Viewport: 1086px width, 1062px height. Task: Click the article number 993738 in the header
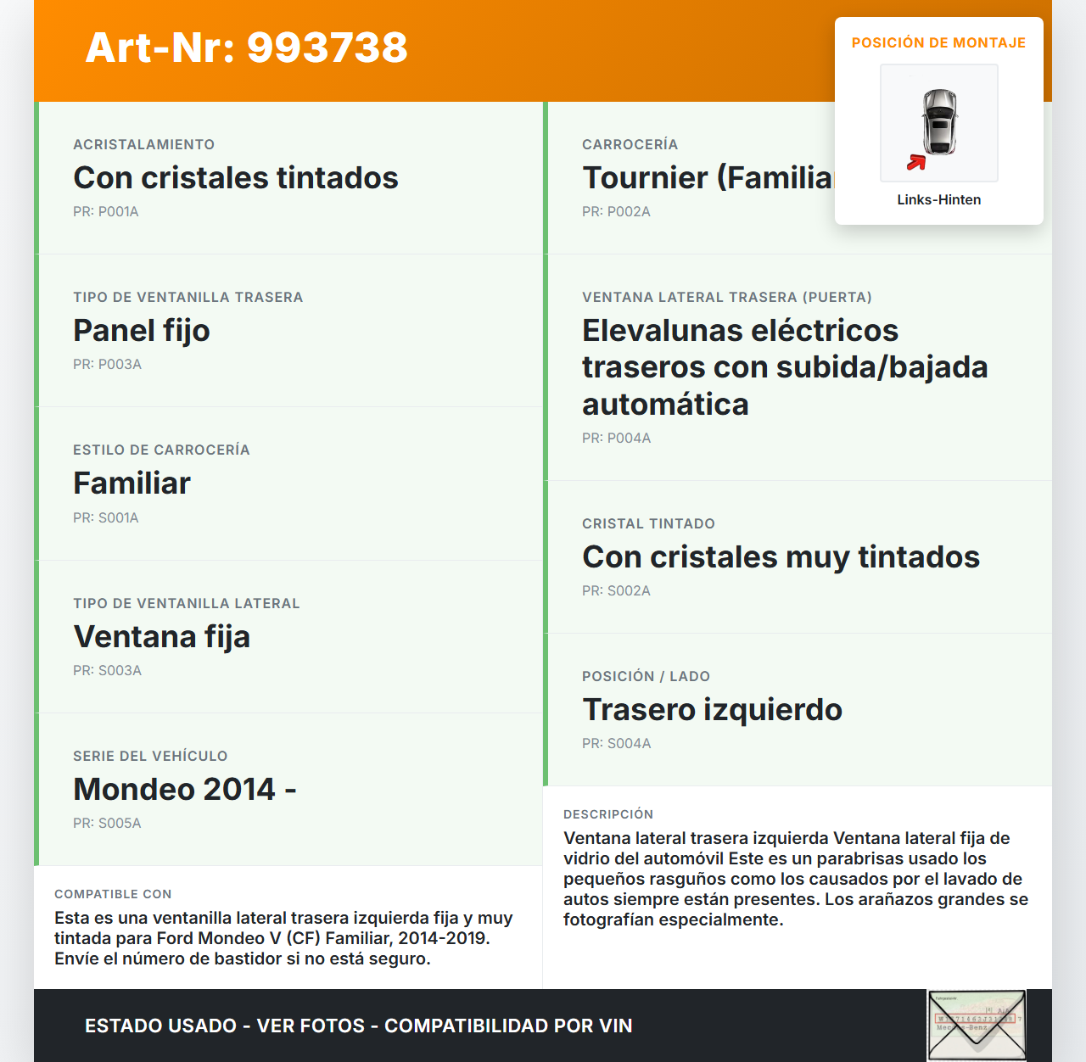point(327,48)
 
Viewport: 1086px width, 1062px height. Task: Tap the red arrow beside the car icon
point(915,162)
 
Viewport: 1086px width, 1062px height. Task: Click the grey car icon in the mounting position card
point(940,121)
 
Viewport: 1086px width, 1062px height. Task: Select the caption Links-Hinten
point(938,199)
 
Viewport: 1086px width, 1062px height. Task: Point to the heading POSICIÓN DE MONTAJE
point(938,42)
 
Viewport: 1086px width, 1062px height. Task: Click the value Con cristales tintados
point(236,178)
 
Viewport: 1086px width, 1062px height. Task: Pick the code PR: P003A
point(107,364)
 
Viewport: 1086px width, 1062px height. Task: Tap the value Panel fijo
point(142,331)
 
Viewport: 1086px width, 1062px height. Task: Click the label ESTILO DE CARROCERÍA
point(161,450)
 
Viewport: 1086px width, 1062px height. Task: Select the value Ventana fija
point(161,637)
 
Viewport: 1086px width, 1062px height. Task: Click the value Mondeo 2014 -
point(184,790)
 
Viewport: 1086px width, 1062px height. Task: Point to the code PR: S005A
point(107,823)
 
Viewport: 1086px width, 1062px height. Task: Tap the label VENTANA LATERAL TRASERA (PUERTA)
point(726,297)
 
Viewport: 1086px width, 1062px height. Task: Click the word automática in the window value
point(665,405)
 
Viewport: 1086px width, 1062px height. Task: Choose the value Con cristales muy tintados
point(781,557)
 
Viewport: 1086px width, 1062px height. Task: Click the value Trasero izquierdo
point(712,710)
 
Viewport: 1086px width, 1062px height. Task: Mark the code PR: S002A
point(616,590)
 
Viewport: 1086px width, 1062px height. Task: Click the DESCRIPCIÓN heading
point(608,814)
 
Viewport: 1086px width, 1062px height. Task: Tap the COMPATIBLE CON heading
point(113,894)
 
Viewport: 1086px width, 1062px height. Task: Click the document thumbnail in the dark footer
point(977,1025)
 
